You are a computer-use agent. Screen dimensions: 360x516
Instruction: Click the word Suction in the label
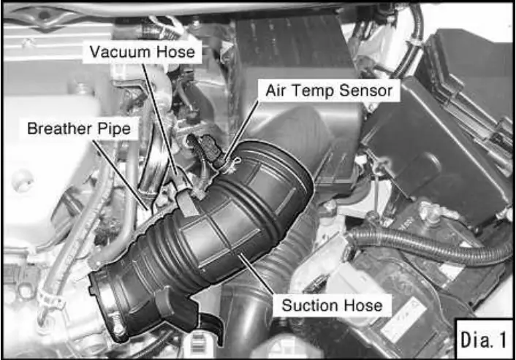click(x=311, y=305)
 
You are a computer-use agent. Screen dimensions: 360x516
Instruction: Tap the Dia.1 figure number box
click(x=483, y=339)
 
